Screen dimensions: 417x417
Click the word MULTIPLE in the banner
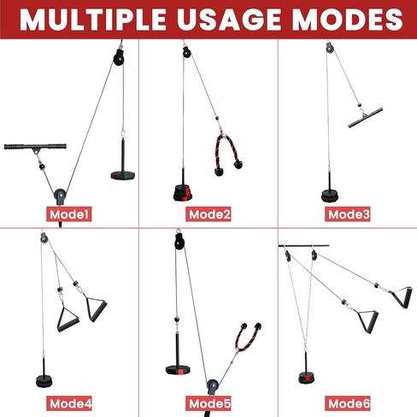coord(92,20)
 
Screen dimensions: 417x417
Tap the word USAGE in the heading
coord(229,20)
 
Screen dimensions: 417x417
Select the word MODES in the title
coord(348,20)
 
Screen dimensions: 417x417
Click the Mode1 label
coord(69,214)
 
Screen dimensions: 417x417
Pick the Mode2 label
coord(208,214)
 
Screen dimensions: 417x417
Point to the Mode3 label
coord(348,214)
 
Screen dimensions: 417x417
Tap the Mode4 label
coord(69,403)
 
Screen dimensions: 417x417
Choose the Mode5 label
coord(208,403)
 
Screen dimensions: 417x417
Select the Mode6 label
coord(348,403)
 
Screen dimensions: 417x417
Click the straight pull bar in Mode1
coord(35,147)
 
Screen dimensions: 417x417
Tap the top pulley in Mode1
coord(119,57)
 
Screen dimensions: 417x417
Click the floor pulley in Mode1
coord(60,196)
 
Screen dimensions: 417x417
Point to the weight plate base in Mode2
coord(184,192)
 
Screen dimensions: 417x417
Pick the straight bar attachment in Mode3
coord(365,118)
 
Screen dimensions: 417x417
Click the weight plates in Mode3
coord(330,196)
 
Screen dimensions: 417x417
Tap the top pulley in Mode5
coord(179,241)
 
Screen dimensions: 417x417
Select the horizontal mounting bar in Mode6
coord(304,245)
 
